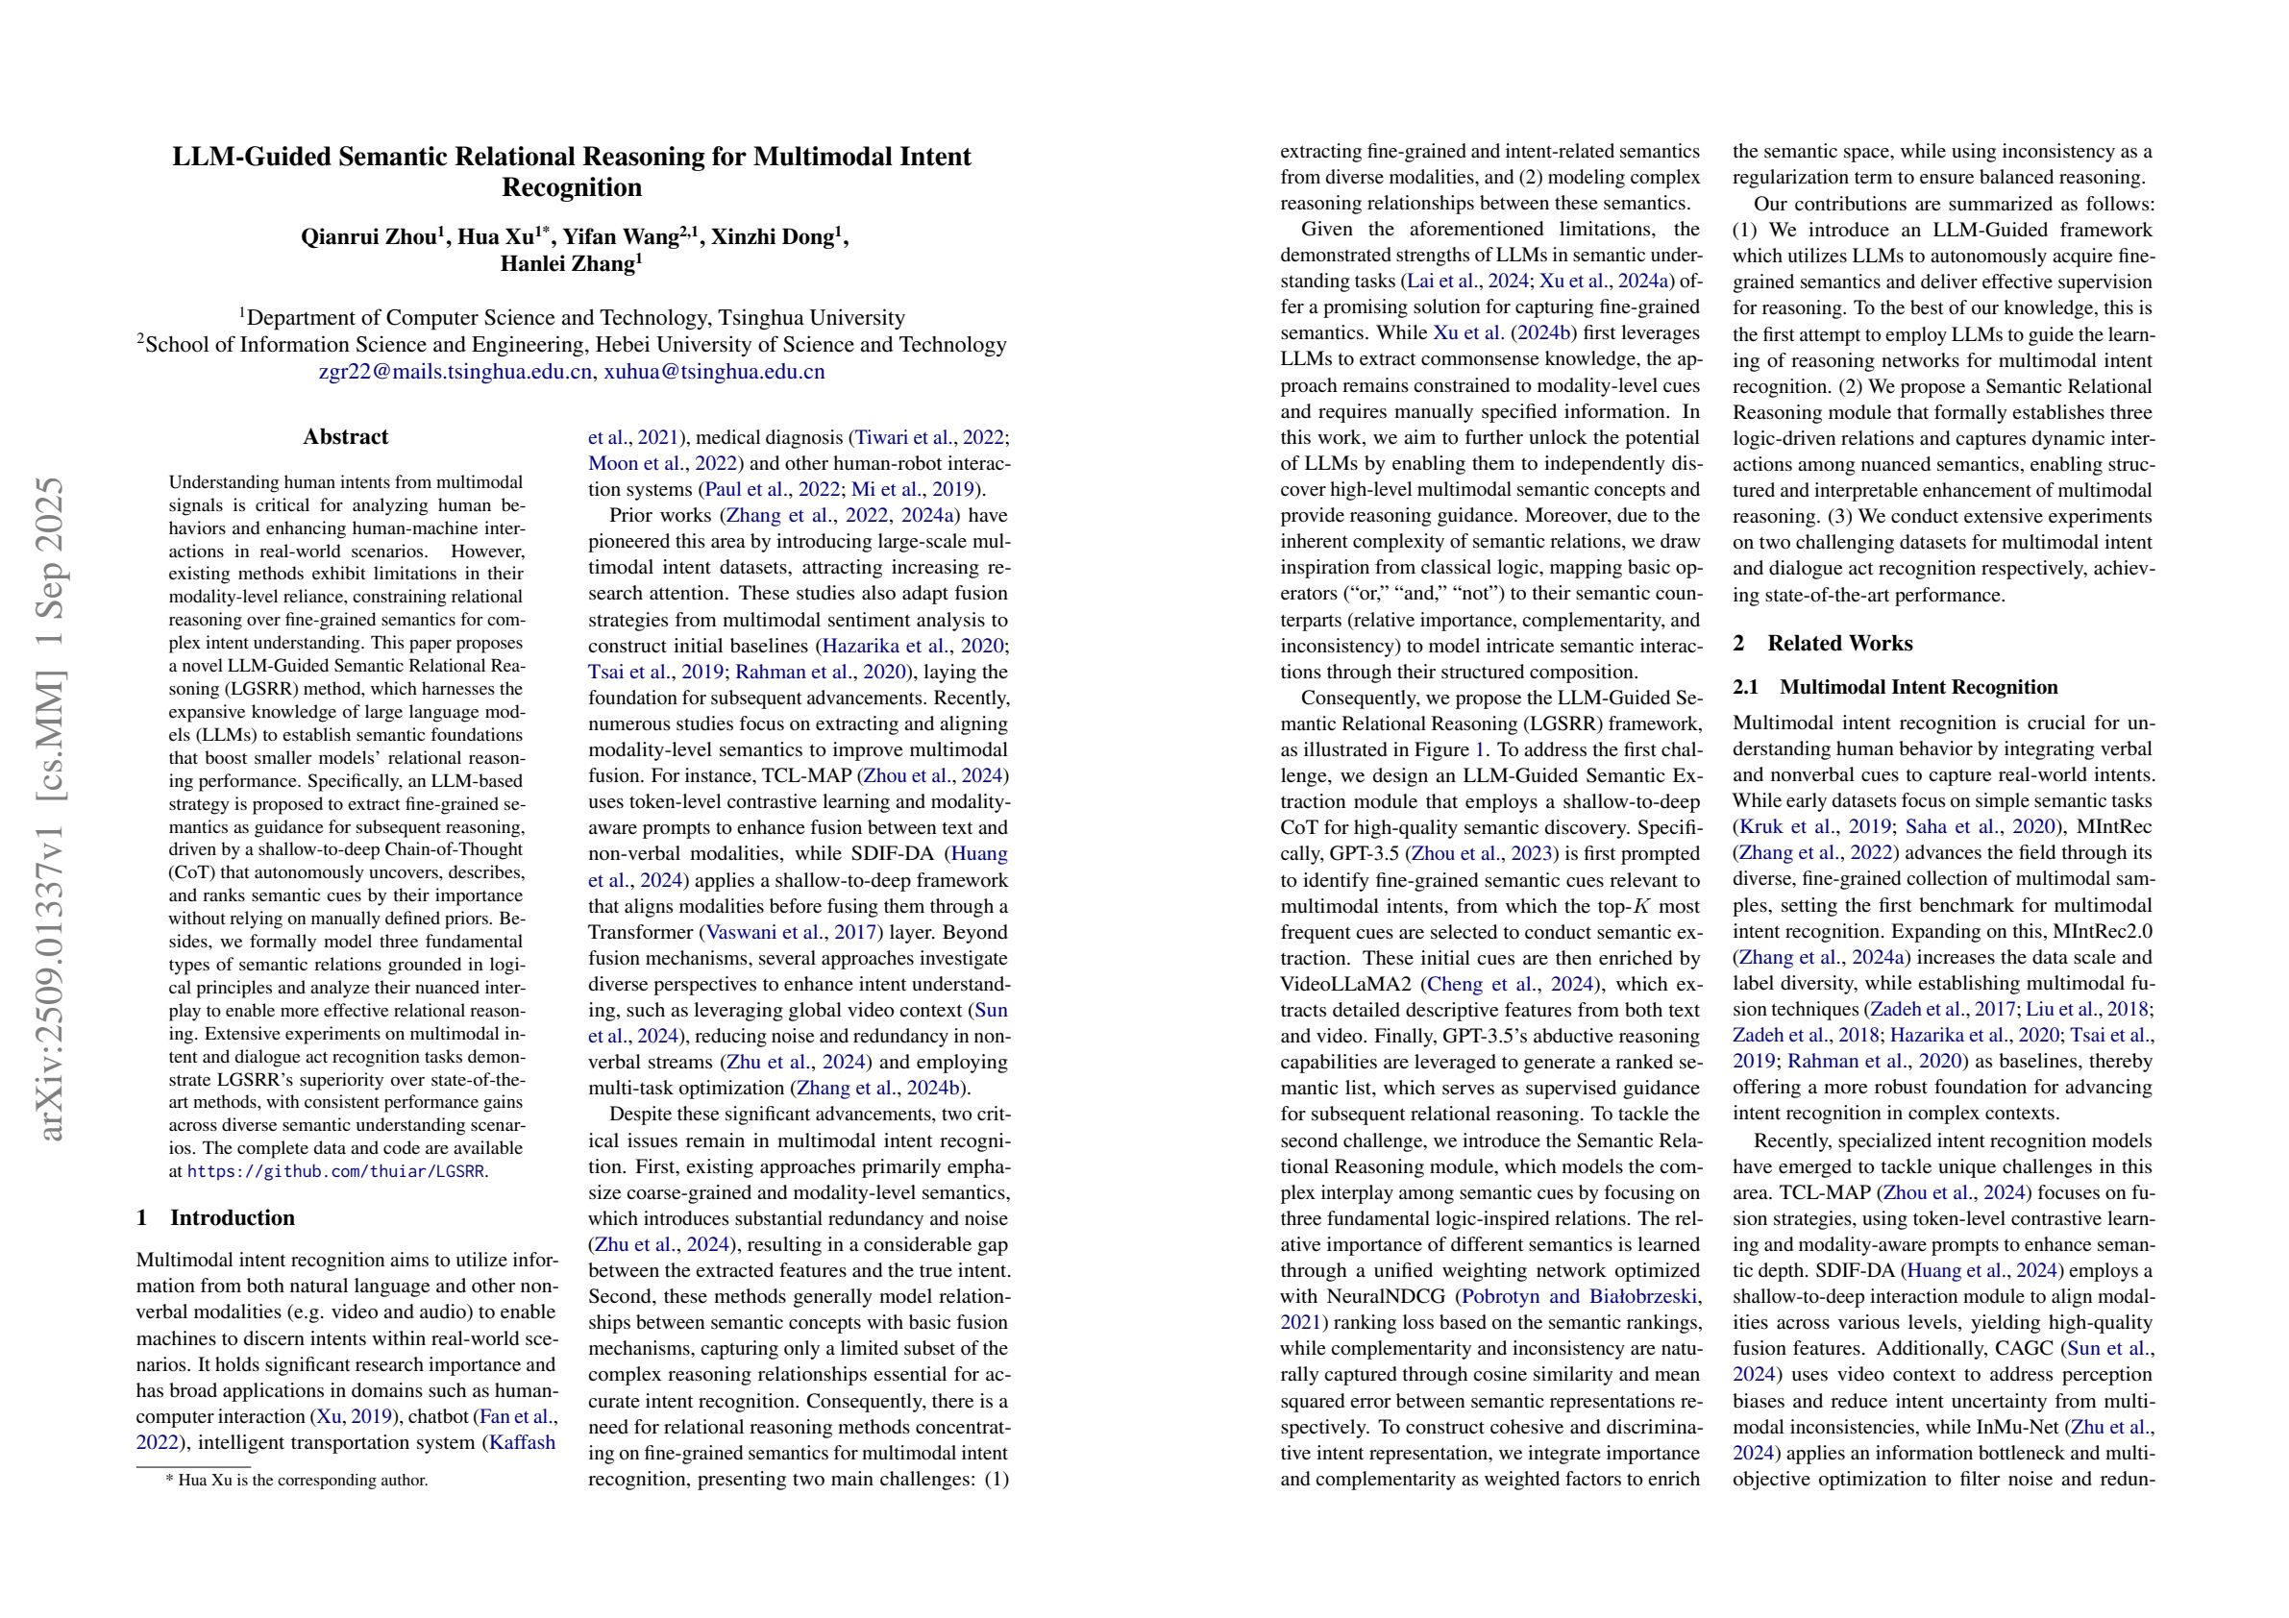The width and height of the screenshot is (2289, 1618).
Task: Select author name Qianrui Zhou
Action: [369, 237]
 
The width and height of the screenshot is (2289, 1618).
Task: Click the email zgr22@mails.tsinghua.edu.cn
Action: [455, 372]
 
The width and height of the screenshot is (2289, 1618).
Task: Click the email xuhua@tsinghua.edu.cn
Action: [714, 372]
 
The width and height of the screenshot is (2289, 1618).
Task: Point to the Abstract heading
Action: [345, 436]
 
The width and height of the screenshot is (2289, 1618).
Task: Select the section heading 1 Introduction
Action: [215, 1217]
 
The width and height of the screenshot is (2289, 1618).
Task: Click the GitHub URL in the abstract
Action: [335, 1172]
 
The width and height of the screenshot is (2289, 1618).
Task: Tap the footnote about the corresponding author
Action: [296, 1481]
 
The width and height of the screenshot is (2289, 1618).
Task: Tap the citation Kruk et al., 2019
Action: [1795, 826]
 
